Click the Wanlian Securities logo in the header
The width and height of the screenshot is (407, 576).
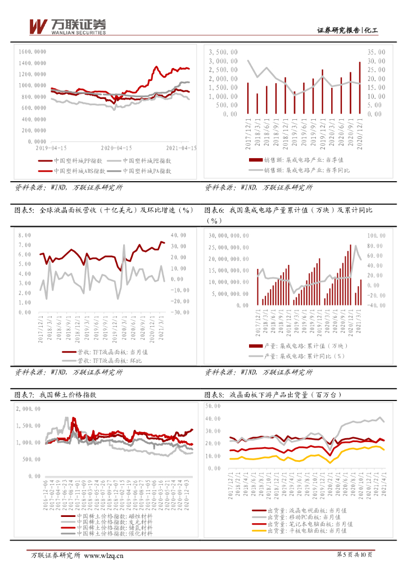pyautogui.click(x=67, y=26)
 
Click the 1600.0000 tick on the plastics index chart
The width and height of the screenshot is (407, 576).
pyautogui.click(x=32, y=51)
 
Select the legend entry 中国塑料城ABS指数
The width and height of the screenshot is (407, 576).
pyautogui.click(x=78, y=170)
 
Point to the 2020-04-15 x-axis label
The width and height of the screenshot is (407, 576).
pyautogui.click(x=116, y=147)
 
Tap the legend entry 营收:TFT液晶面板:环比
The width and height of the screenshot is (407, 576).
pyautogui.click(x=106, y=360)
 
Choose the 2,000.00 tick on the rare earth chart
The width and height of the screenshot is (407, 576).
pyautogui.click(x=28, y=409)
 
